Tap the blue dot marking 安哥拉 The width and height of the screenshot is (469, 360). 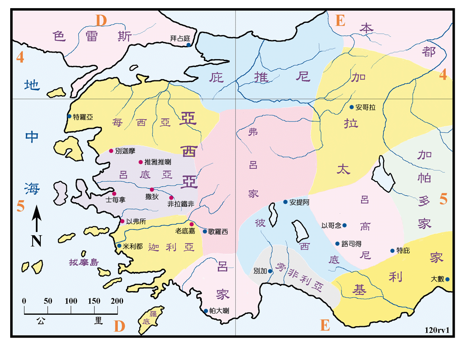(x=352, y=107)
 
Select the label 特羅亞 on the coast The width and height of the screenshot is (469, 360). (x=83, y=117)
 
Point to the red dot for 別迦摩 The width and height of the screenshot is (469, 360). (x=111, y=151)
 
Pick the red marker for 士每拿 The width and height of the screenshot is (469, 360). (x=114, y=193)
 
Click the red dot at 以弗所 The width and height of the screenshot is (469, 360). (x=122, y=221)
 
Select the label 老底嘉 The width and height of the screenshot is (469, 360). (x=185, y=231)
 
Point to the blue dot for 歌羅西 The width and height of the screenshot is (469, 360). (x=205, y=231)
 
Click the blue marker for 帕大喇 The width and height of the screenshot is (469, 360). (x=206, y=311)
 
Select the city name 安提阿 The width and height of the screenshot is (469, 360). (x=299, y=202)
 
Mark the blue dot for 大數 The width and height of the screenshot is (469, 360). (x=447, y=279)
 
